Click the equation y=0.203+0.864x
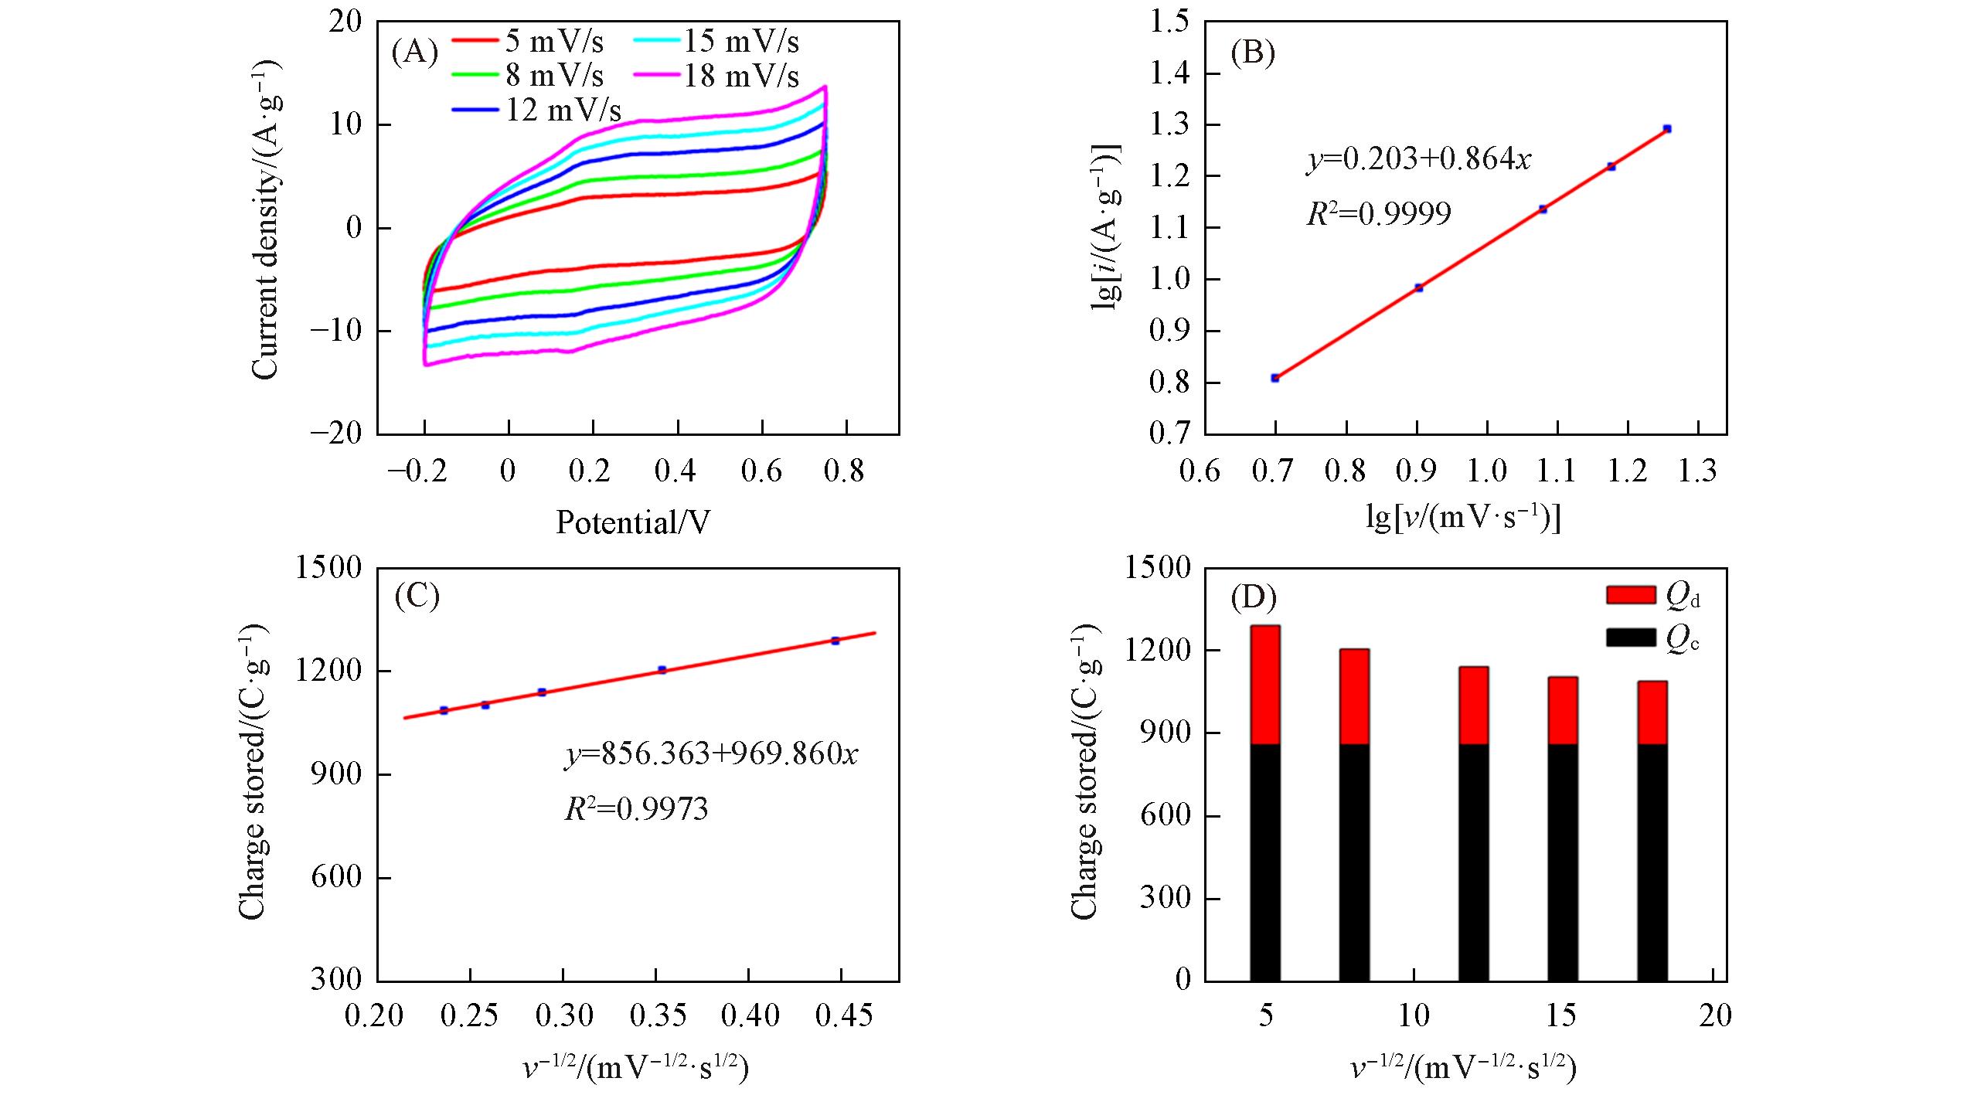pos(1418,159)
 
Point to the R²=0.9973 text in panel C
pos(636,809)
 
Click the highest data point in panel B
pos(1667,128)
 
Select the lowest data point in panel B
pos(1275,378)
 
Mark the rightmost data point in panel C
pos(835,641)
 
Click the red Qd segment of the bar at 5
pos(1265,685)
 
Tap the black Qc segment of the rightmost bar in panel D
pos(1652,862)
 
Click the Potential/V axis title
pos(633,523)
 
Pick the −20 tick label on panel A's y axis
pos(337,434)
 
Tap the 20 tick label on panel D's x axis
pos(1714,1015)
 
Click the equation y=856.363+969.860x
pos(711,753)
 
